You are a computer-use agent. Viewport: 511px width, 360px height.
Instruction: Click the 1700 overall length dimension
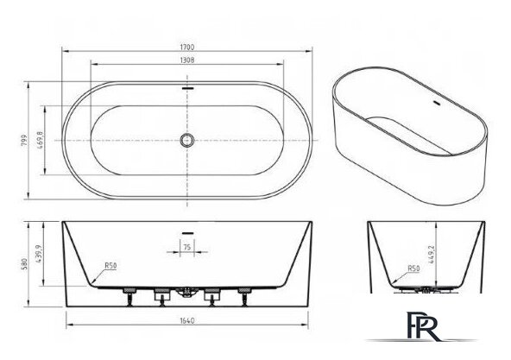[x=187, y=47]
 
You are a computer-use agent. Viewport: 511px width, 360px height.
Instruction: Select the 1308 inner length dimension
[x=187, y=60]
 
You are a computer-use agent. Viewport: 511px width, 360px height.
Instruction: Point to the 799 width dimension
[x=24, y=140]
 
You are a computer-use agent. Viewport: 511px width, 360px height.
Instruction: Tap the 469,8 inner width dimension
[x=40, y=140]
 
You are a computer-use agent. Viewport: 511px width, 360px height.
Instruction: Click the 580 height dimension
[x=24, y=264]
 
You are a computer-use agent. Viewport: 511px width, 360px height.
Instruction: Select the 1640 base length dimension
[x=187, y=320]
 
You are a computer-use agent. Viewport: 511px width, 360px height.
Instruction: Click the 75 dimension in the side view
[x=186, y=247]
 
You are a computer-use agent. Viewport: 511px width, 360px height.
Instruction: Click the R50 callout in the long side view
[x=110, y=266]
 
